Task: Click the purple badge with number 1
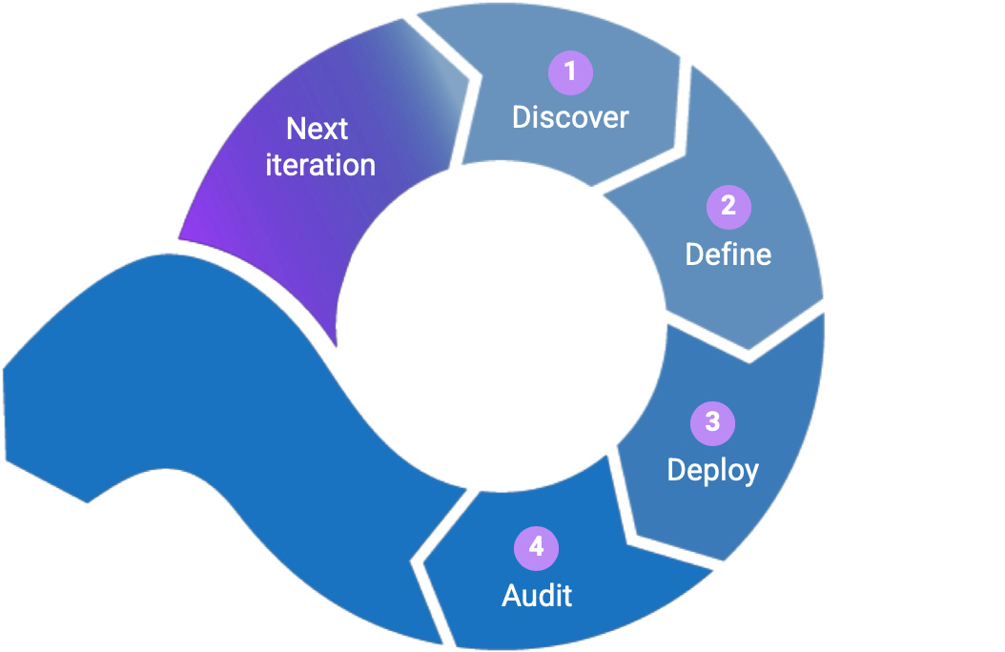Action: click(570, 72)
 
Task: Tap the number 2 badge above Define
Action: click(728, 207)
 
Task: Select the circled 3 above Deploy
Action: click(712, 422)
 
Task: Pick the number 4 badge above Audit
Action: click(536, 548)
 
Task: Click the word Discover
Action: click(570, 117)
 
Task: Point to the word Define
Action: click(728, 255)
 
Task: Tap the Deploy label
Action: click(712, 470)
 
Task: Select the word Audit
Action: click(537, 596)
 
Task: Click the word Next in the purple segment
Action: click(318, 129)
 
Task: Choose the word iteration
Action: click(320, 165)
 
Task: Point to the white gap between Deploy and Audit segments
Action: click(667, 520)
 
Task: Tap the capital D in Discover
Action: click(522, 117)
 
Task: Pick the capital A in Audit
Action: click(511, 596)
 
